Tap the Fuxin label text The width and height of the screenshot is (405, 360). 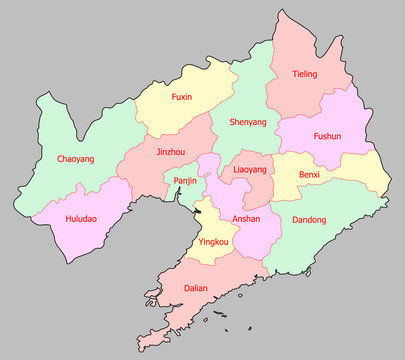tap(182, 97)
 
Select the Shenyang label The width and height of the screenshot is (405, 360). tap(248, 122)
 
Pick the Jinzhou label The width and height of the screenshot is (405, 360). tap(171, 152)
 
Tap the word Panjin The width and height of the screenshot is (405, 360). tap(185, 181)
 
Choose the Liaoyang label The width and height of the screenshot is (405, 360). tap(250, 170)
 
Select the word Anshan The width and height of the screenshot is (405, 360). tap(246, 219)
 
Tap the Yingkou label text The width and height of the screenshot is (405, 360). tap(214, 242)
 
